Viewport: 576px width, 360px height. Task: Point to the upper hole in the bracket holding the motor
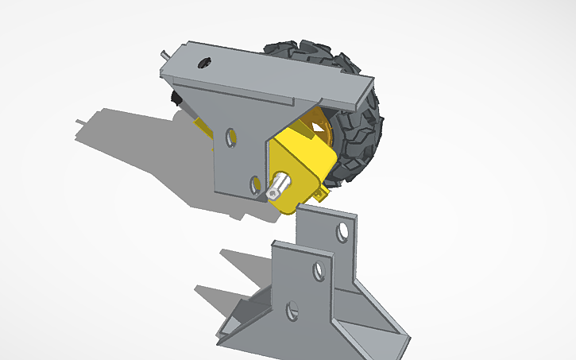230,137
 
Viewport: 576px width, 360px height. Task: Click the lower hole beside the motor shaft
255,185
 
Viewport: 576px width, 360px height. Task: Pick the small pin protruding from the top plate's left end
164,56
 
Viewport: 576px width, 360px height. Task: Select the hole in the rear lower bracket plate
342,232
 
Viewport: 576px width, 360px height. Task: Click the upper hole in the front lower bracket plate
319,269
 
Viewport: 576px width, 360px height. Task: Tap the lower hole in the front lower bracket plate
292,309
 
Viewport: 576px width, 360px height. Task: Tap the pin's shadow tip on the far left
80,120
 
